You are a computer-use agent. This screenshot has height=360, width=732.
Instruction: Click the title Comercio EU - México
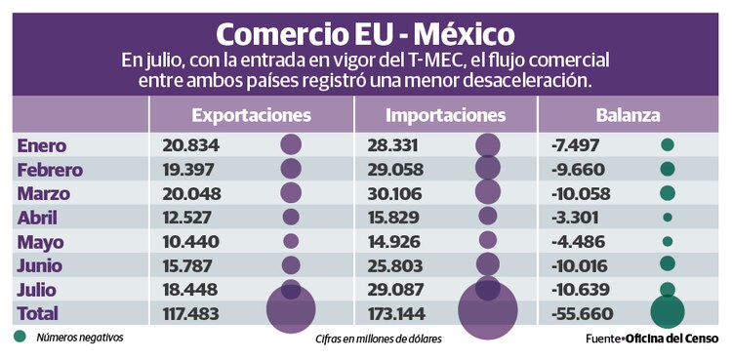366,32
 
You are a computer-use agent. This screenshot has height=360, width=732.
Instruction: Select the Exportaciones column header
251,115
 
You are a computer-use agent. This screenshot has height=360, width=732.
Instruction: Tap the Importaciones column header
446,115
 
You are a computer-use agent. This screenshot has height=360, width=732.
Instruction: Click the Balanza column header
630,115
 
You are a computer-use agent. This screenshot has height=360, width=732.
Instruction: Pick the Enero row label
42,145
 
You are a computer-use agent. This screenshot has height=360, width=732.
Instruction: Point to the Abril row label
40,217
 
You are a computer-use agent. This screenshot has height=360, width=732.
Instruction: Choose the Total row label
38,313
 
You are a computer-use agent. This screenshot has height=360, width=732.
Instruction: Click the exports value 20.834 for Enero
191,145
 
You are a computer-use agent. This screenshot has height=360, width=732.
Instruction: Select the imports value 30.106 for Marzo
391,192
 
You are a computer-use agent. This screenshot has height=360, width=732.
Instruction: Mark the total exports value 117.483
195,313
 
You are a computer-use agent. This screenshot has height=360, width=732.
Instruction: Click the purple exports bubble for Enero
291,145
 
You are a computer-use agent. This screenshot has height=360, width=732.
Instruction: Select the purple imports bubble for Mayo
487,241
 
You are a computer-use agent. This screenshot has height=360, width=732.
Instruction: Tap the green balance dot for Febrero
668,169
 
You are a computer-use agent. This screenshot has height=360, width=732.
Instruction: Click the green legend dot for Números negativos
20,338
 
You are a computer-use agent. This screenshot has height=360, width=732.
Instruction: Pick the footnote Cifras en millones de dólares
378,340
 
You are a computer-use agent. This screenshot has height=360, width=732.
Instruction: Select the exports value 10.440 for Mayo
191,241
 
